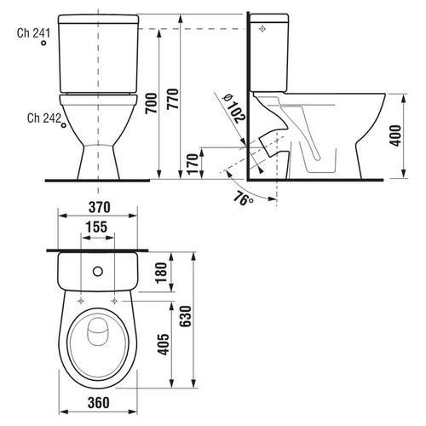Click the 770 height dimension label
173,99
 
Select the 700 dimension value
151,103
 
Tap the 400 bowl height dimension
395,135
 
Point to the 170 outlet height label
193,164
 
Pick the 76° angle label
243,199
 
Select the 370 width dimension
100,207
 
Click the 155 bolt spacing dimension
96,227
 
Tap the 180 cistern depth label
161,273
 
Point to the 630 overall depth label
187,316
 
